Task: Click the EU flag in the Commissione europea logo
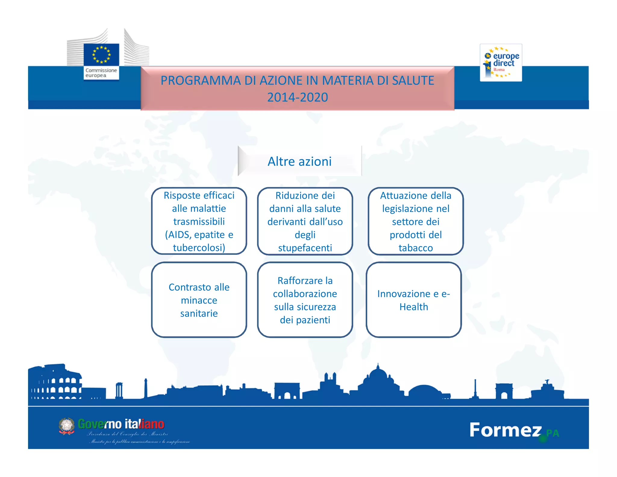101,54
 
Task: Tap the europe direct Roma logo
501,63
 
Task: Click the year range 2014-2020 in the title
297,97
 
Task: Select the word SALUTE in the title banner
413,81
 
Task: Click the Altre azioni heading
299,162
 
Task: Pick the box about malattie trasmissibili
199,221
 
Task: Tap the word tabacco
415,248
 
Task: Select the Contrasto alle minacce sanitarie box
199,300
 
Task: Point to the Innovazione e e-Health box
414,300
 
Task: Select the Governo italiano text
121,424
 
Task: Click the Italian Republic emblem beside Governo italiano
67,426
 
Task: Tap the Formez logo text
505,430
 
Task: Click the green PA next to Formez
553,433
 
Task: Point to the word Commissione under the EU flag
101,70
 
